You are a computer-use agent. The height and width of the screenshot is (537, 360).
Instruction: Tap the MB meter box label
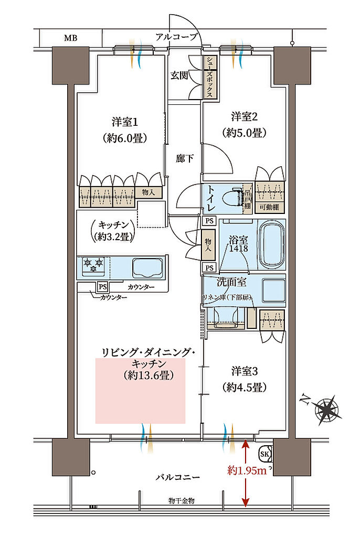(x=70, y=38)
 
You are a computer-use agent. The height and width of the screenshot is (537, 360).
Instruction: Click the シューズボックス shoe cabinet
(x=209, y=77)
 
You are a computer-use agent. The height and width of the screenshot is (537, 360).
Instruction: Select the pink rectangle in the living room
(x=140, y=391)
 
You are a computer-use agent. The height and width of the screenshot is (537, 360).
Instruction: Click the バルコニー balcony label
(x=178, y=478)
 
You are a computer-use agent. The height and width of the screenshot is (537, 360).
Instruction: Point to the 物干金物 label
(x=182, y=501)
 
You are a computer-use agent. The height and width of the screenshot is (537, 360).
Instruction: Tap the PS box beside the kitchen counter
(x=103, y=287)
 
